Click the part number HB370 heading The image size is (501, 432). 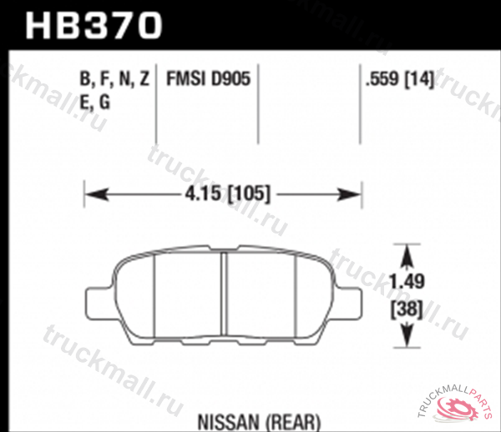[x=94, y=24]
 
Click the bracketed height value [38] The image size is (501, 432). [x=407, y=308]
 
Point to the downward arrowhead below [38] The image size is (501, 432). [x=407, y=337]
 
